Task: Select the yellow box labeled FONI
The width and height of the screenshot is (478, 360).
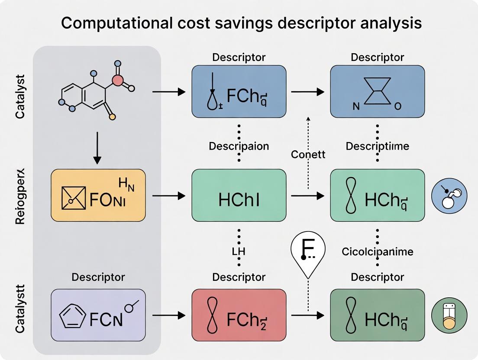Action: click(98, 196)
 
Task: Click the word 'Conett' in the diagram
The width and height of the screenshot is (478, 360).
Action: click(309, 154)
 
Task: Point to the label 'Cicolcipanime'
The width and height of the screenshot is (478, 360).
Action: click(377, 251)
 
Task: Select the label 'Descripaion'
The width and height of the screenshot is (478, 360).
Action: click(239, 146)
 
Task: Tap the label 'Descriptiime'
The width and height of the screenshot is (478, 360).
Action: click(377, 146)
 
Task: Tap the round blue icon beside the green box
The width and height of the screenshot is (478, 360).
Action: click(449, 196)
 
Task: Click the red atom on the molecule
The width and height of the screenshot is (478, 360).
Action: click(117, 80)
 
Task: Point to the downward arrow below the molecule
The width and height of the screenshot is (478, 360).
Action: click(97, 148)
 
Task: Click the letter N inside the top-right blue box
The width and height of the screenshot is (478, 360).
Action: click(356, 106)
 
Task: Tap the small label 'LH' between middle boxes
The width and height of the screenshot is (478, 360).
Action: click(239, 251)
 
